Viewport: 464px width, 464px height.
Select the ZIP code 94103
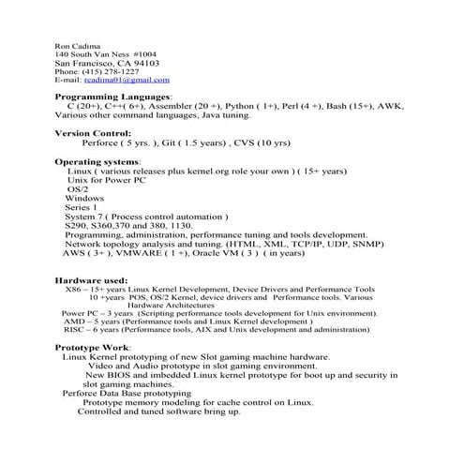[x=145, y=63]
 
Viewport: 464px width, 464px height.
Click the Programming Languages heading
[x=113, y=97]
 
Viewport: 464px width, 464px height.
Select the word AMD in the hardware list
[x=73, y=321]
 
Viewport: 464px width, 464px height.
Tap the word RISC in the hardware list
[x=75, y=330]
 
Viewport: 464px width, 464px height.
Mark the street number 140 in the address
[x=62, y=53]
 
